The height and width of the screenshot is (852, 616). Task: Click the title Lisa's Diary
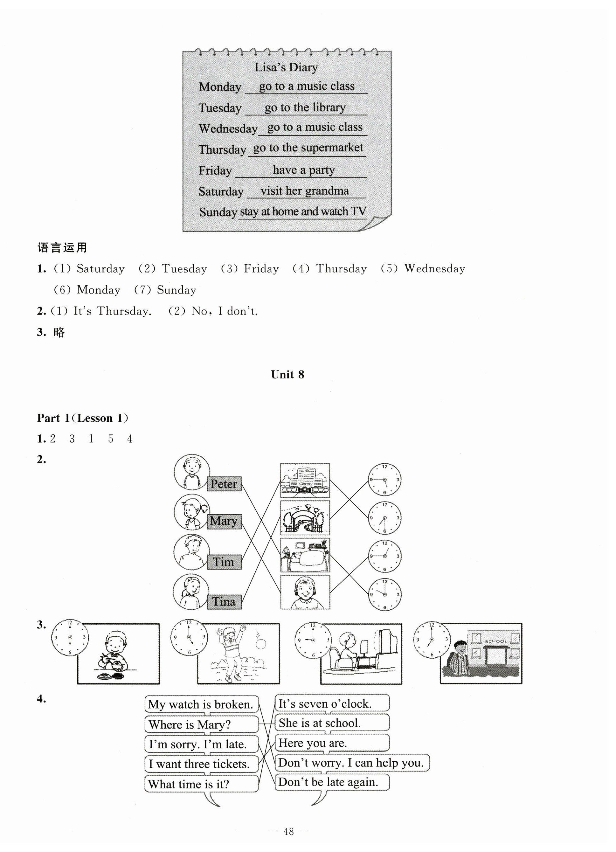tap(286, 67)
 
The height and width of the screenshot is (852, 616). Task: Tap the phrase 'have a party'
tap(303, 170)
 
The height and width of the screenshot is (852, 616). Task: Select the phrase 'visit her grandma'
tap(305, 191)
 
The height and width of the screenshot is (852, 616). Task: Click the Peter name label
tap(224, 483)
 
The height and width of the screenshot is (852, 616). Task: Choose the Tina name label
tap(224, 601)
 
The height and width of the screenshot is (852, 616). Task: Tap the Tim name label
tap(224, 562)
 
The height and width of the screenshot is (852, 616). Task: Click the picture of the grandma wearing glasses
tap(305, 592)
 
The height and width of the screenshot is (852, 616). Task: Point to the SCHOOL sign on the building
tap(495, 641)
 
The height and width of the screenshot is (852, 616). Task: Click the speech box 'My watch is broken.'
tap(202, 704)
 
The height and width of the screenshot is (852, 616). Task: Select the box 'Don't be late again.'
tap(332, 782)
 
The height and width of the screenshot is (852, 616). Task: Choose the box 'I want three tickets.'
tap(202, 764)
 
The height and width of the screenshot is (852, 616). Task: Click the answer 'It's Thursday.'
tap(112, 311)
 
